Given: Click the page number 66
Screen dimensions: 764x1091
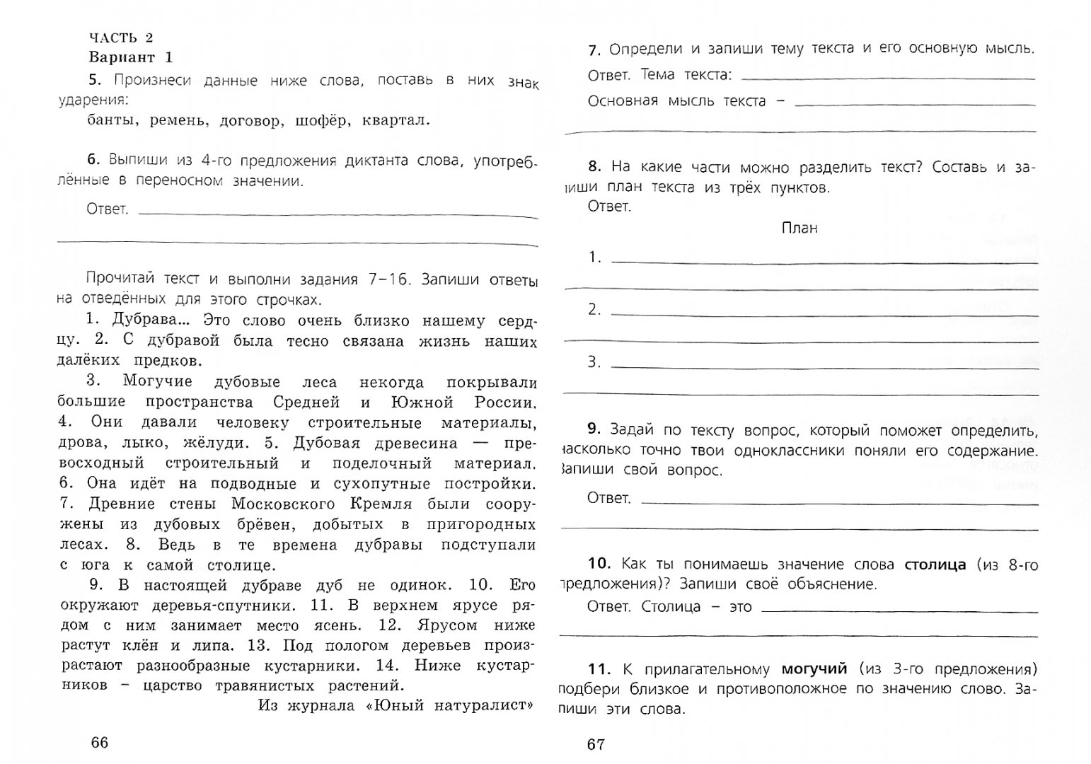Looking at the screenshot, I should click(100, 742).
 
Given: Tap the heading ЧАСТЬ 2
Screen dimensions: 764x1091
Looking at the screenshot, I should click(121, 37).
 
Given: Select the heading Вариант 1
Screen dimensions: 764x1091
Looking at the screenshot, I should click(130, 57).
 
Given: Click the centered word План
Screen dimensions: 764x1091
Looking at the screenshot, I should click(800, 228).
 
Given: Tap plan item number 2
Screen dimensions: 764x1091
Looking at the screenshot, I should click(594, 309).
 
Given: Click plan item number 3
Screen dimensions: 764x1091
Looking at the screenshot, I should click(594, 362).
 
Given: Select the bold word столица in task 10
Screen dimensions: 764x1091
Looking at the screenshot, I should click(935, 564).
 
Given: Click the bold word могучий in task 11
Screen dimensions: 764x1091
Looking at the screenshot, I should click(814, 668).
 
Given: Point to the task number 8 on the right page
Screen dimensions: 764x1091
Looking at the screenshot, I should click(594, 167).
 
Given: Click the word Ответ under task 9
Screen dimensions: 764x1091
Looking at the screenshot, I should click(608, 498).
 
